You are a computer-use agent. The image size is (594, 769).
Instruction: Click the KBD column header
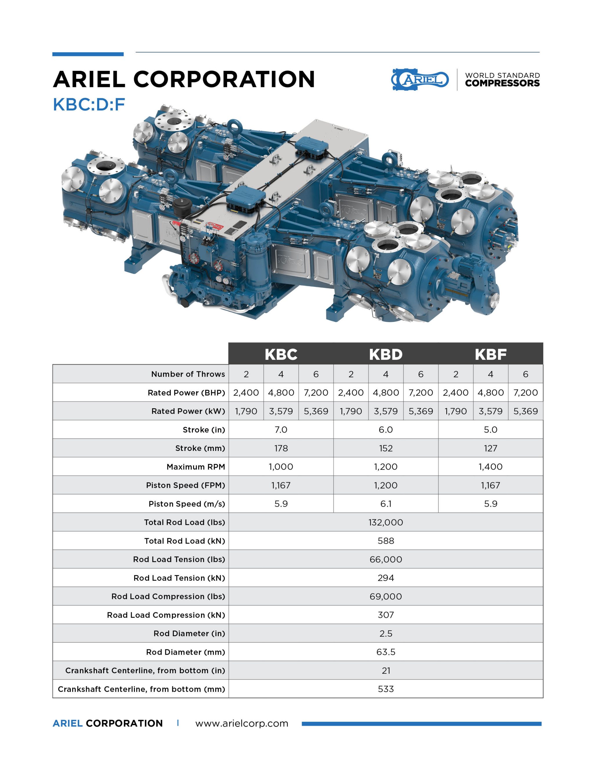click(x=386, y=354)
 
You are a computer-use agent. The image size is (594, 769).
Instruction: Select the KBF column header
click(x=490, y=354)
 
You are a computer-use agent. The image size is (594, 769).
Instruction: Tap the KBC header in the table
click(x=281, y=354)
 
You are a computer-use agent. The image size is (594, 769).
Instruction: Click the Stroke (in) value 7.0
click(x=281, y=429)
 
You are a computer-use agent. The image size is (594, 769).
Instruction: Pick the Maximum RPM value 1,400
click(x=490, y=467)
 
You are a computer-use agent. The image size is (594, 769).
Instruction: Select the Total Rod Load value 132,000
click(x=386, y=522)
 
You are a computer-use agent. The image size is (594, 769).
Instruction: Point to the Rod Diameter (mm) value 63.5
click(x=386, y=652)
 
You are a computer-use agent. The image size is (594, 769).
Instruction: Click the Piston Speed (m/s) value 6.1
click(x=386, y=503)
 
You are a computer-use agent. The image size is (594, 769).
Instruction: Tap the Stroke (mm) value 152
click(x=386, y=448)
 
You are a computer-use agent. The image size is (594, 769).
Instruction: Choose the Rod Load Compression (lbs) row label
click(x=168, y=596)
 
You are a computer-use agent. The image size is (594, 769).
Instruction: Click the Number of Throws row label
click(x=188, y=374)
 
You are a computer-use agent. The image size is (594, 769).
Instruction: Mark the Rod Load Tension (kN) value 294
click(x=386, y=578)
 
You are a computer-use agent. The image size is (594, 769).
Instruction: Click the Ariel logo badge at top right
click(x=420, y=80)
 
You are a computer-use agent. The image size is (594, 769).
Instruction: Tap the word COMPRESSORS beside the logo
click(x=502, y=84)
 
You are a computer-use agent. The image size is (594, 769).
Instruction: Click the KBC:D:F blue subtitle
click(x=89, y=104)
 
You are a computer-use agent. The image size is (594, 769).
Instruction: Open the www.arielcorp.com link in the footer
click(x=242, y=723)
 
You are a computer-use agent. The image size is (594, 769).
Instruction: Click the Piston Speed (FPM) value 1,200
click(x=386, y=485)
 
